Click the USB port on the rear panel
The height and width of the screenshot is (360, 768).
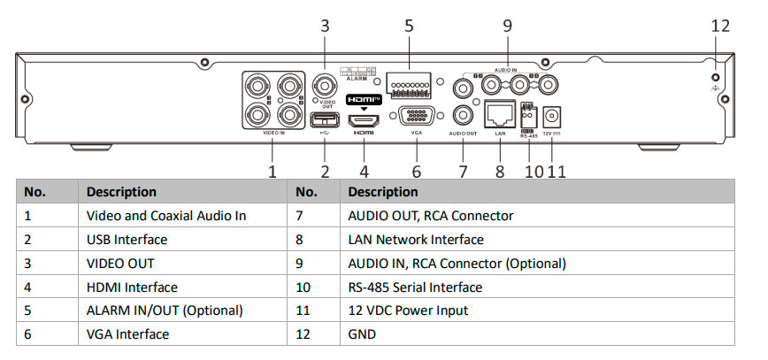click(326, 119)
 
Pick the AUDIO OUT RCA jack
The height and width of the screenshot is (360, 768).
click(463, 115)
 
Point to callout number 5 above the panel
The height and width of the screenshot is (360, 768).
click(410, 26)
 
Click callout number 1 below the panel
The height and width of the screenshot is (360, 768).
click(273, 172)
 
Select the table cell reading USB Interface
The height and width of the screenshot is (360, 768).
click(127, 239)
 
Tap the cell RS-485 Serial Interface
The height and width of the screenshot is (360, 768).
click(415, 287)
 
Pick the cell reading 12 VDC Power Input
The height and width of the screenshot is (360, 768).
click(408, 310)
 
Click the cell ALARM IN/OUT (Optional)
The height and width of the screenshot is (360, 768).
click(165, 310)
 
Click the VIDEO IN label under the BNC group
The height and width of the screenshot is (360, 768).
click(273, 134)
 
